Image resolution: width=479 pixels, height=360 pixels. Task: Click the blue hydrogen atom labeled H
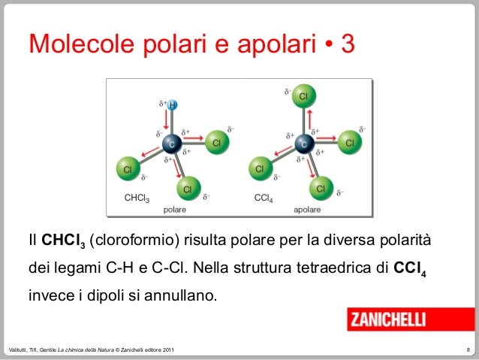(171, 104)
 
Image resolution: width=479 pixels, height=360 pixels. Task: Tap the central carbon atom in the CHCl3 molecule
(170, 142)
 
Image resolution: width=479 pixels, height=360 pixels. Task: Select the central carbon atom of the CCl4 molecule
(303, 142)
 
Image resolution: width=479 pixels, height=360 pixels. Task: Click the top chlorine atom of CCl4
(303, 97)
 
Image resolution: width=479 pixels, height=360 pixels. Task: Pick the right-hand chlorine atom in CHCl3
(215, 141)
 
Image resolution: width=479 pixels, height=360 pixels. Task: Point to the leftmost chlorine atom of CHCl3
(128, 169)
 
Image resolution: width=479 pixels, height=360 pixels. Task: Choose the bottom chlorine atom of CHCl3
(187, 186)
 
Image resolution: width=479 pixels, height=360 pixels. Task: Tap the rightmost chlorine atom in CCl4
(348, 141)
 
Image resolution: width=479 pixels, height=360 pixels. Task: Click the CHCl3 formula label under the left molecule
(137, 199)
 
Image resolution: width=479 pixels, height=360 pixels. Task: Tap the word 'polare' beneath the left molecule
(174, 209)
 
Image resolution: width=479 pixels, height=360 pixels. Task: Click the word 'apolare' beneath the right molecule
(307, 209)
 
